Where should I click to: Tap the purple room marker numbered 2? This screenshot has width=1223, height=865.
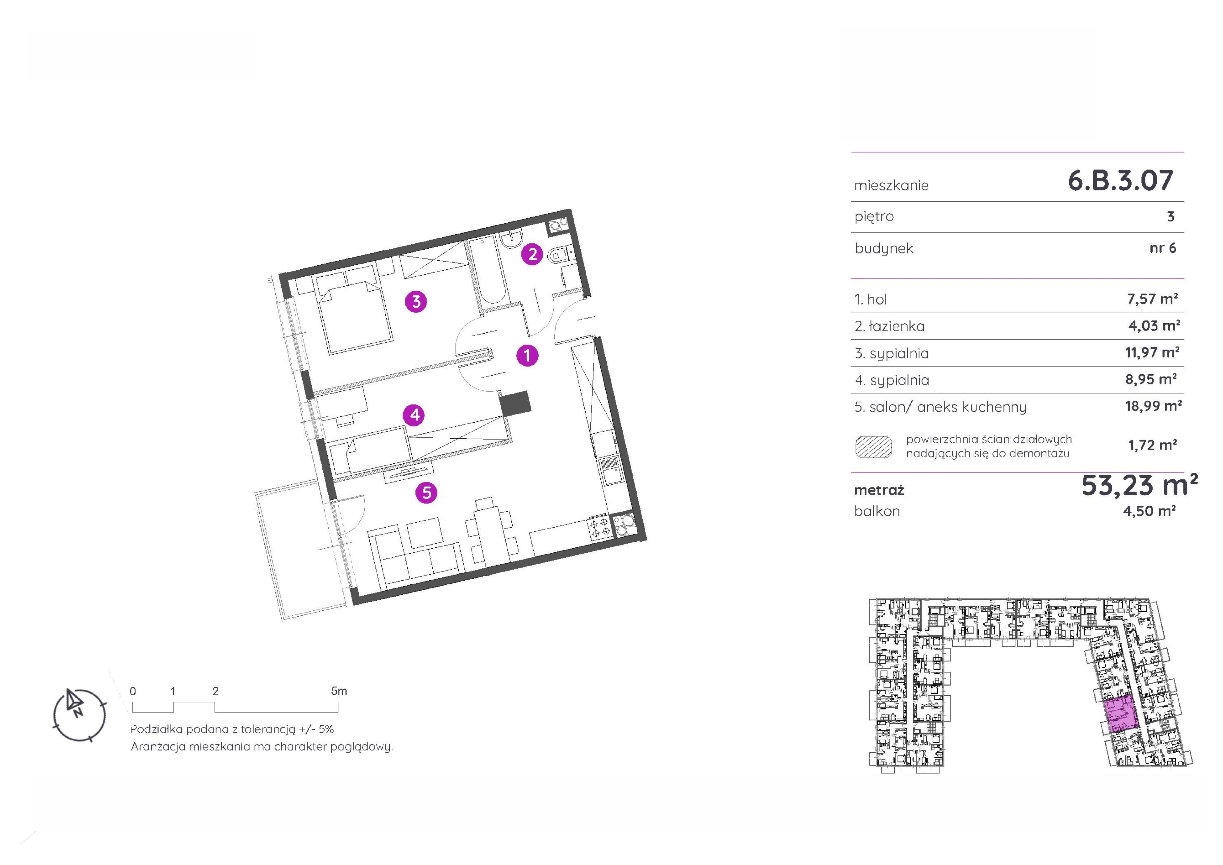coord(532,254)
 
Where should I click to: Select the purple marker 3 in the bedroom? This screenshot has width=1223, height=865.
coord(416,302)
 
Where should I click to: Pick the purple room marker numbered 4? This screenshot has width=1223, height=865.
coord(414,415)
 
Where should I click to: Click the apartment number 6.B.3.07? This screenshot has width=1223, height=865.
coord(1120,181)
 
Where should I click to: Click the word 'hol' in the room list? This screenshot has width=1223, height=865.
coord(877,300)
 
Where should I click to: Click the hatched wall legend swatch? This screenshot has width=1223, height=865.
coord(874,447)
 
